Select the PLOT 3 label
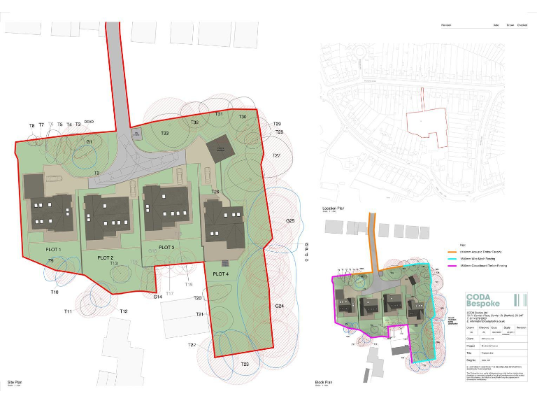166,248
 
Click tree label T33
165,133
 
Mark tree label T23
245,365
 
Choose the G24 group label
280,306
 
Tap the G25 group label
290,221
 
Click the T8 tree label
31,126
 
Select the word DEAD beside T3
89,122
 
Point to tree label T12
124,311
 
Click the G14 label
158,297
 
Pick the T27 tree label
276,155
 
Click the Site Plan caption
15,383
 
